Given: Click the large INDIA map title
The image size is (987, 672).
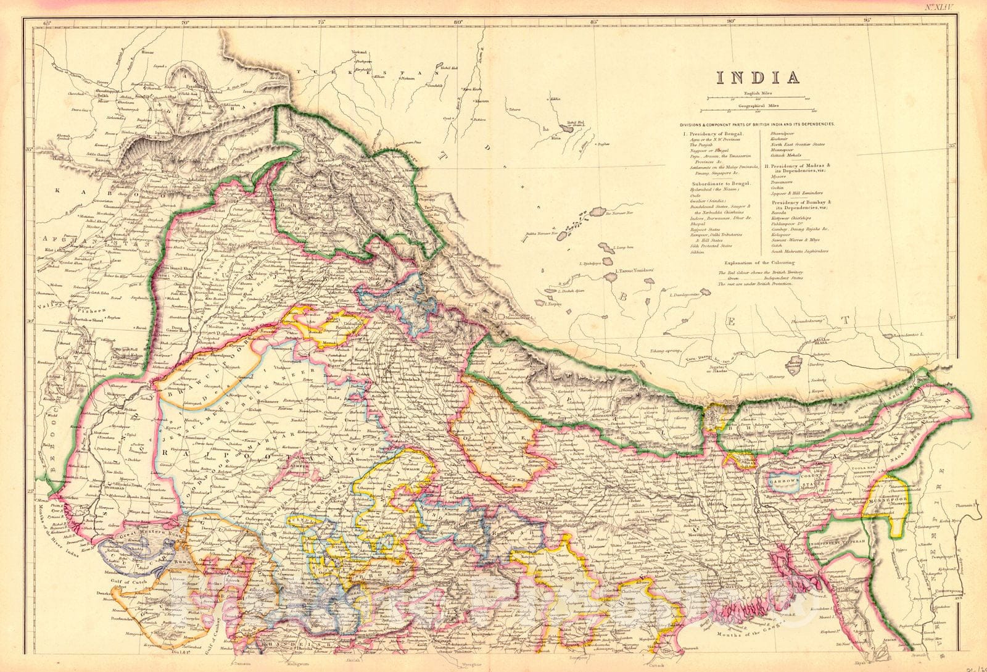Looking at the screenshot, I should pyautogui.click(x=757, y=78).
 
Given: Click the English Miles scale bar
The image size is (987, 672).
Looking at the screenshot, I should pyautogui.click(x=758, y=97).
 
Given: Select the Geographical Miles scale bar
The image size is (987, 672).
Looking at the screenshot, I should pyautogui.click(x=758, y=111).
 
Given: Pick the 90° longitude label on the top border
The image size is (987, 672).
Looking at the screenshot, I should pyautogui.click(x=730, y=23).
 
